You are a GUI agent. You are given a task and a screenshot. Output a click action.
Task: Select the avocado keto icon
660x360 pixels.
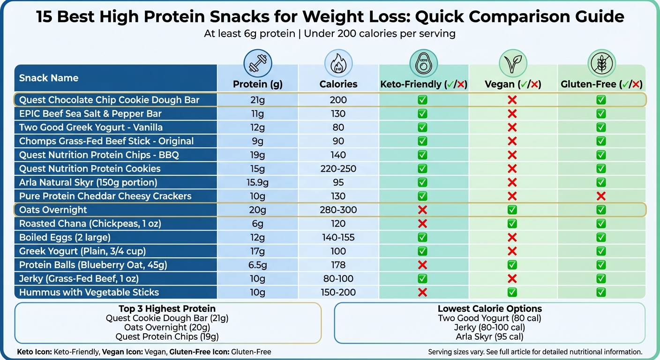(x=423, y=63)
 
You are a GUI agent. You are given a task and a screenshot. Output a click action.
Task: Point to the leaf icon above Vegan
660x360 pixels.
(x=513, y=63)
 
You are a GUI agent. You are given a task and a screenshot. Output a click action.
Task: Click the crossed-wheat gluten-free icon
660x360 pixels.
(x=601, y=63)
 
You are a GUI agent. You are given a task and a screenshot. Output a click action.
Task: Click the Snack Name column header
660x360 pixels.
(x=49, y=78)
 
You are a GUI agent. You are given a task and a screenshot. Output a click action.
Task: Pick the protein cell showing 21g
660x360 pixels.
(x=258, y=100)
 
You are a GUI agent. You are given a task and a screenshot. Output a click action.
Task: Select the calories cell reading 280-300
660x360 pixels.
(x=338, y=210)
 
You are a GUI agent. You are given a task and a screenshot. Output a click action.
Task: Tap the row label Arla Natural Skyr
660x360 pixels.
(x=88, y=182)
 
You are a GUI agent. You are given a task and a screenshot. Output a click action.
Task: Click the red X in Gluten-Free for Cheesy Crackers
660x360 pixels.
(x=601, y=196)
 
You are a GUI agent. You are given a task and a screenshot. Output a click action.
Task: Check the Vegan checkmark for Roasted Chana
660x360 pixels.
(x=512, y=224)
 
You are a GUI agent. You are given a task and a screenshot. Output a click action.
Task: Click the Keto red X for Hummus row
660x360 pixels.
(x=422, y=292)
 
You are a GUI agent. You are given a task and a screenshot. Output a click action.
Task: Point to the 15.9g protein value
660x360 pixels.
(x=258, y=182)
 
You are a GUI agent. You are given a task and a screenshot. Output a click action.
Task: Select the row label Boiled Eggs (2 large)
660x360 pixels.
(x=65, y=237)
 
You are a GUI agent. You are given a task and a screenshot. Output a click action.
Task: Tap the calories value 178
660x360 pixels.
(x=338, y=265)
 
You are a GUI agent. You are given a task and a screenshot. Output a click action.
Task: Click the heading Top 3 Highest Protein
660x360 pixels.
(x=167, y=309)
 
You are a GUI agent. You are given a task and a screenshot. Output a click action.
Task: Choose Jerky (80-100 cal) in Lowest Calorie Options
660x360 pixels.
(x=489, y=328)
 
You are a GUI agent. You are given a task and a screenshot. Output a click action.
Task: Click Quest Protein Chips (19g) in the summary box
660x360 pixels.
(x=167, y=337)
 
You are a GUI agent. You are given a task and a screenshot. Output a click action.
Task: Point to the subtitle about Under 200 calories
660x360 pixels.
(x=330, y=34)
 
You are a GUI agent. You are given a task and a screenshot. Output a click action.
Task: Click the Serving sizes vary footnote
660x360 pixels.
(x=535, y=352)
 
